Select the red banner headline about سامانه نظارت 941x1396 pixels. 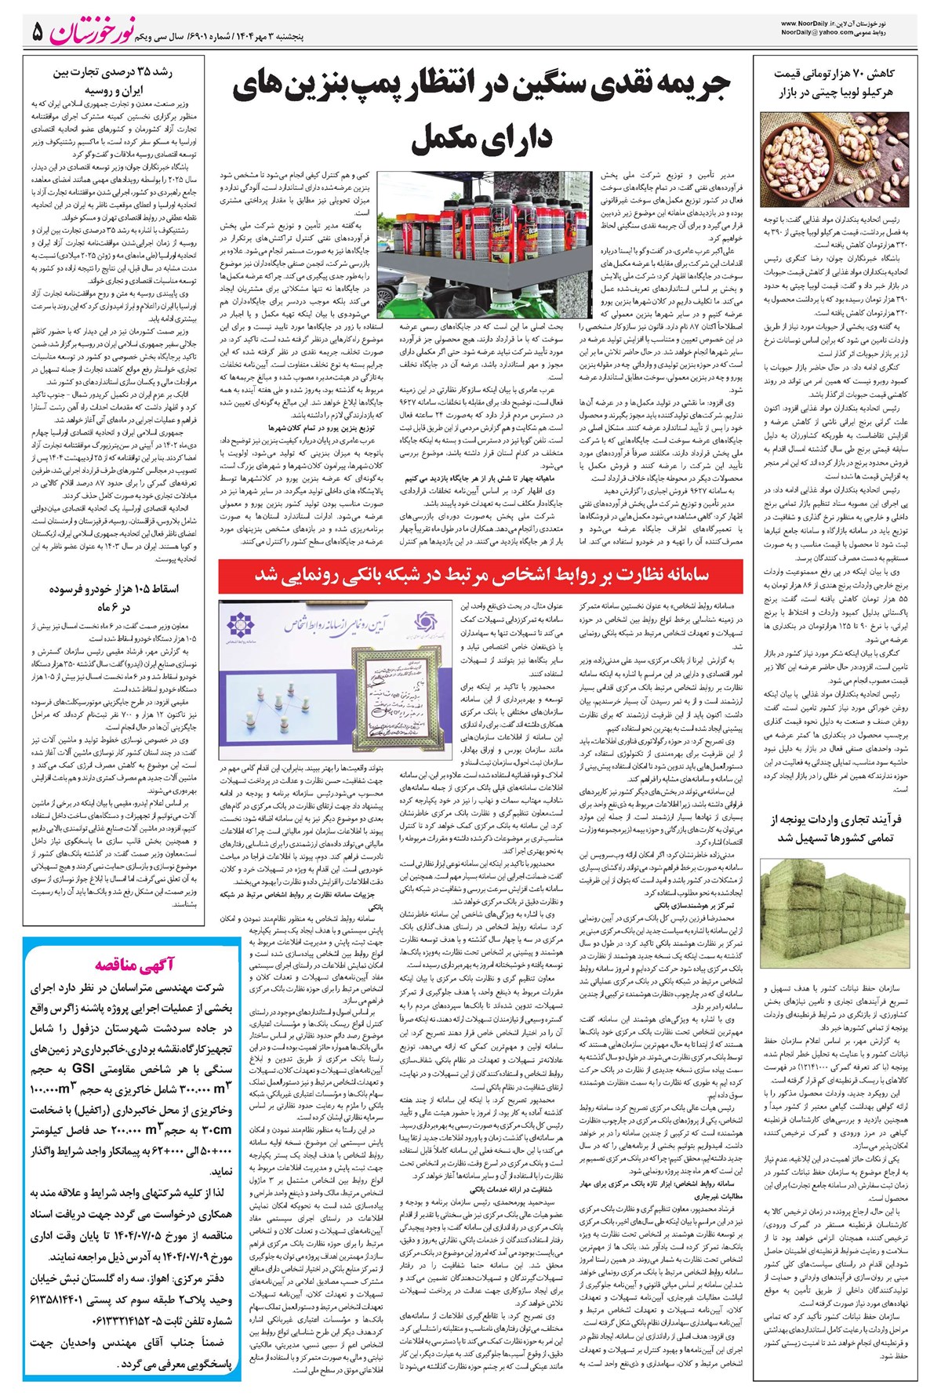pos(479,575)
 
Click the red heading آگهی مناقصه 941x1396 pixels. pos(133,964)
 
